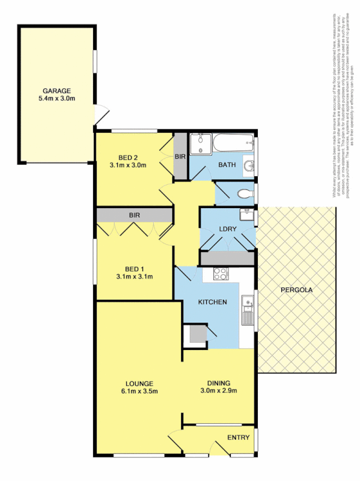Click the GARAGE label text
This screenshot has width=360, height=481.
pyautogui.click(x=56, y=91)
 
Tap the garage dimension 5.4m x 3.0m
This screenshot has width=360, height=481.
pyautogui.click(x=56, y=99)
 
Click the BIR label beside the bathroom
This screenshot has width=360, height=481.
pyautogui.click(x=180, y=156)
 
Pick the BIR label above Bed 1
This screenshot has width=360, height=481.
pyautogui.click(x=133, y=215)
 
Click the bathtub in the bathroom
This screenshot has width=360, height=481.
pyautogui.click(x=231, y=144)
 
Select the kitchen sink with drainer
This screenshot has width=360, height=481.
pyautogui.click(x=246, y=309)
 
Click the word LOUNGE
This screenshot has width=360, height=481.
pyautogui.click(x=139, y=383)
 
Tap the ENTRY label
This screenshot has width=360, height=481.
pyautogui.click(x=238, y=437)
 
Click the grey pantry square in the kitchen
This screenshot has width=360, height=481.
pyautogui.click(x=195, y=334)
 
